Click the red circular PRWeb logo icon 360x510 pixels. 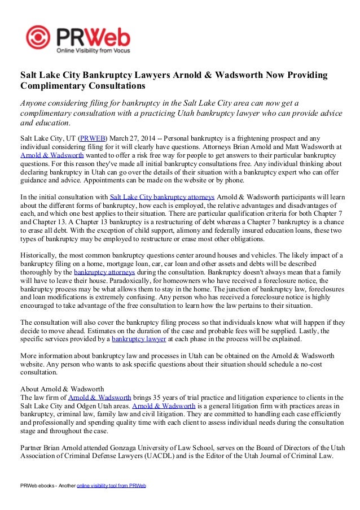coord(39,38)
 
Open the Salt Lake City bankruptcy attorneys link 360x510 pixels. coord(162,197)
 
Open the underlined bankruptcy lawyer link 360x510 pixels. coord(139,339)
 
